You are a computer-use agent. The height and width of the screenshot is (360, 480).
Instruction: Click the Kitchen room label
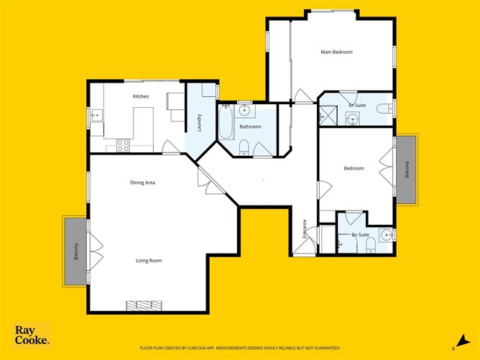point(141,96)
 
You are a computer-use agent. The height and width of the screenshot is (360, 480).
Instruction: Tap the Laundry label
point(199,123)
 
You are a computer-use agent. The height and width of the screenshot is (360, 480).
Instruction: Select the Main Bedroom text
point(336,52)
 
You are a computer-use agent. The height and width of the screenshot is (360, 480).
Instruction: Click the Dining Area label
point(142,183)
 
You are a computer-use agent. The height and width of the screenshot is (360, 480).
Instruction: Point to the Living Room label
point(149,260)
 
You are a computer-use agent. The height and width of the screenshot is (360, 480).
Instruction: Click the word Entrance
point(305,228)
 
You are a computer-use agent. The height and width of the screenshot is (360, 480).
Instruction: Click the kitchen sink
point(96,115)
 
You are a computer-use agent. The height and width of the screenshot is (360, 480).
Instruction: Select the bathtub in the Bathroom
point(226,123)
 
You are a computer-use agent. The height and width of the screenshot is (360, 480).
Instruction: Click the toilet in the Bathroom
point(245,149)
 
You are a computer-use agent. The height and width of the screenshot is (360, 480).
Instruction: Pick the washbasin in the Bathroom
point(245,111)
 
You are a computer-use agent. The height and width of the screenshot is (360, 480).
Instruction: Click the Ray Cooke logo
point(32,335)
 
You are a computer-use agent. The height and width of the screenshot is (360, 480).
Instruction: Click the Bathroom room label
point(250,127)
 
